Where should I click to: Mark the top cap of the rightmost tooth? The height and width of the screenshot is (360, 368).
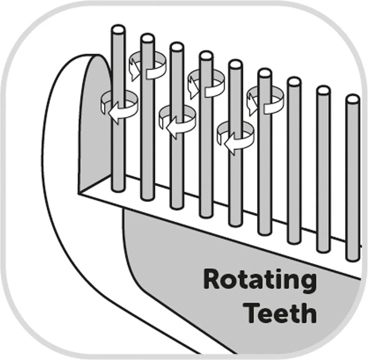[353, 99]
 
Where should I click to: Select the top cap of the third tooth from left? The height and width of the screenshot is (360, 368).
[177, 47]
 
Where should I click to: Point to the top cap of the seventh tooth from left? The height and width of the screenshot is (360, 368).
[294, 82]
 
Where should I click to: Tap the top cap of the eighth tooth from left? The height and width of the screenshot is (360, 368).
[324, 90]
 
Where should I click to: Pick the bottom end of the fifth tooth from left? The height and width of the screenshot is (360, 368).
[236, 223]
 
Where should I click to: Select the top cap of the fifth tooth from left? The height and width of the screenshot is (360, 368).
[236, 64]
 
